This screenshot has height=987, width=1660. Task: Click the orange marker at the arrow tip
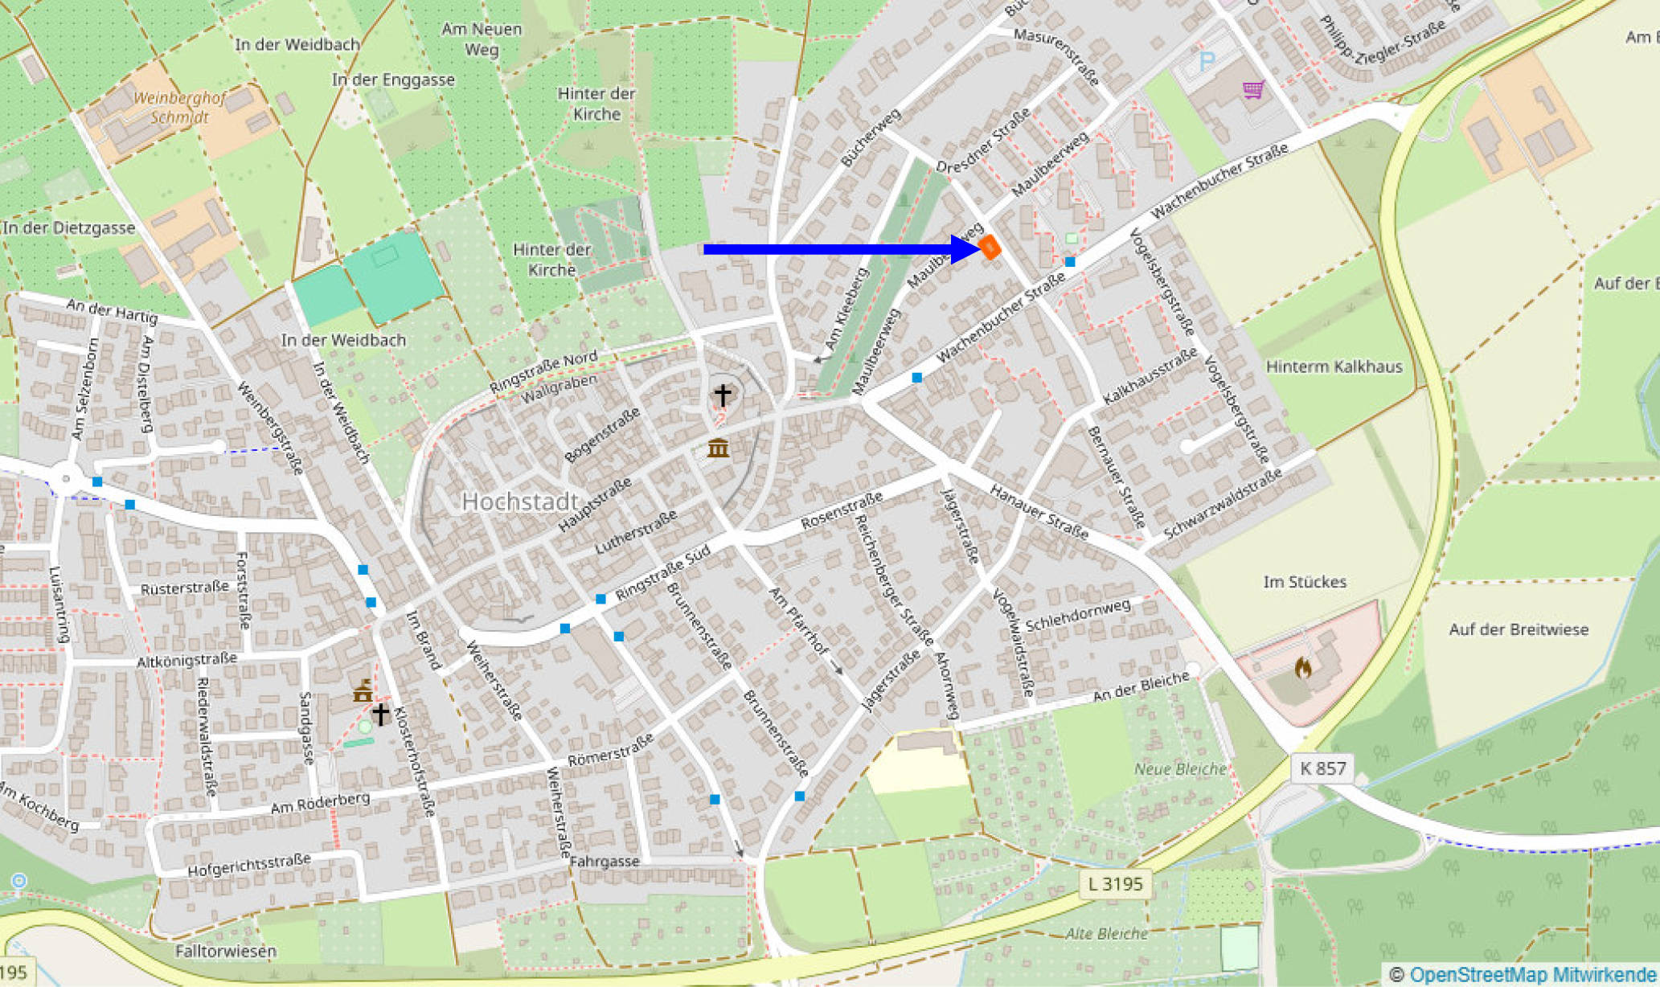click(x=990, y=248)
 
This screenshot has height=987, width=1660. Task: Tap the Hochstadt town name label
click(x=520, y=502)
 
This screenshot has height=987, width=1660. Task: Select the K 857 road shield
click(x=1322, y=768)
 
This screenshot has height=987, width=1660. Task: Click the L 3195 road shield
click(x=1114, y=884)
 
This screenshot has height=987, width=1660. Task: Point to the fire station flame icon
click(x=1303, y=668)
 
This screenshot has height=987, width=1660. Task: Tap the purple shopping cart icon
click(x=1252, y=89)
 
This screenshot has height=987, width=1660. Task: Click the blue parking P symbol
click(x=1207, y=61)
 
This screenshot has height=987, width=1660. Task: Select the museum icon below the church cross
click(x=718, y=448)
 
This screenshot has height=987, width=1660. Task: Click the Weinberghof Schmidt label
click(x=179, y=108)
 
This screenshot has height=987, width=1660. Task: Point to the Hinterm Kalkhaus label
click(x=1334, y=367)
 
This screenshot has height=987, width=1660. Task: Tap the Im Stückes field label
click(x=1304, y=581)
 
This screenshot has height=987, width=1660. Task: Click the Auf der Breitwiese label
click(x=1518, y=629)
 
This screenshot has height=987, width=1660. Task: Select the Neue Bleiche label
click(x=1179, y=769)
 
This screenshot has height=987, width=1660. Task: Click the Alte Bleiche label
click(x=1106, y=934)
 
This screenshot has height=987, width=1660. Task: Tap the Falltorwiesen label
click(x=226, y=952)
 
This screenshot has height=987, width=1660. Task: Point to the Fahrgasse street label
click(x=605, y=862)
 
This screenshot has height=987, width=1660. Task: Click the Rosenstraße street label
click(x=842, y=511)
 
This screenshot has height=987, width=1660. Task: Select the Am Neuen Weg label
click(x=482, y=39)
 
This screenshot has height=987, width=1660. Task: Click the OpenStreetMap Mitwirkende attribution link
click(x=1532, y=975)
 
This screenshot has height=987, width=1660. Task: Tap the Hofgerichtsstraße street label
click(x=249, y=865)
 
